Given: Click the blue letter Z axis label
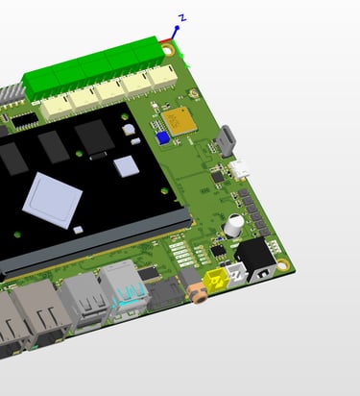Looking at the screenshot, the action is pyautogui.click(x=182, y=18).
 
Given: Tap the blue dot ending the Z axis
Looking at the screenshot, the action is pyautogui.click(x=177, y=28).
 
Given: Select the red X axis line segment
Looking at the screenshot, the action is pyautogui.click(x=165, y=40).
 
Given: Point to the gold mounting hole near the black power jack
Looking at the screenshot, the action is pyautogui.click(x=283, y=265).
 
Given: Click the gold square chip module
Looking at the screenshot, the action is pyautogui.click(x=179, y=121).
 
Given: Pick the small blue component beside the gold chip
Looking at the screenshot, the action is pyautogui.click(x=163, y=138).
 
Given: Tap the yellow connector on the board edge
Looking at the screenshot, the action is pyautogui.click(x=218, y=281).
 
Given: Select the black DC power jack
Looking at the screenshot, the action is pyautogui.click(x=255, y=260).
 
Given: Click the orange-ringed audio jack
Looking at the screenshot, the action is pyautogui.click(x=198, y=292).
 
